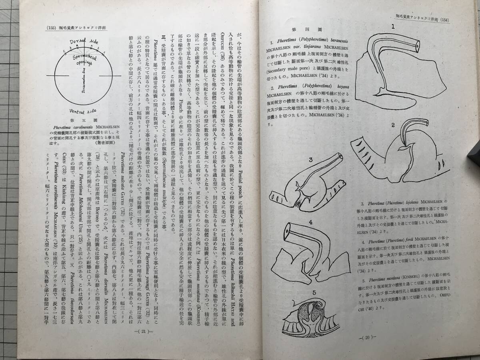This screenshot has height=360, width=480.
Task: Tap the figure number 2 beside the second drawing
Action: click(393, 124)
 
